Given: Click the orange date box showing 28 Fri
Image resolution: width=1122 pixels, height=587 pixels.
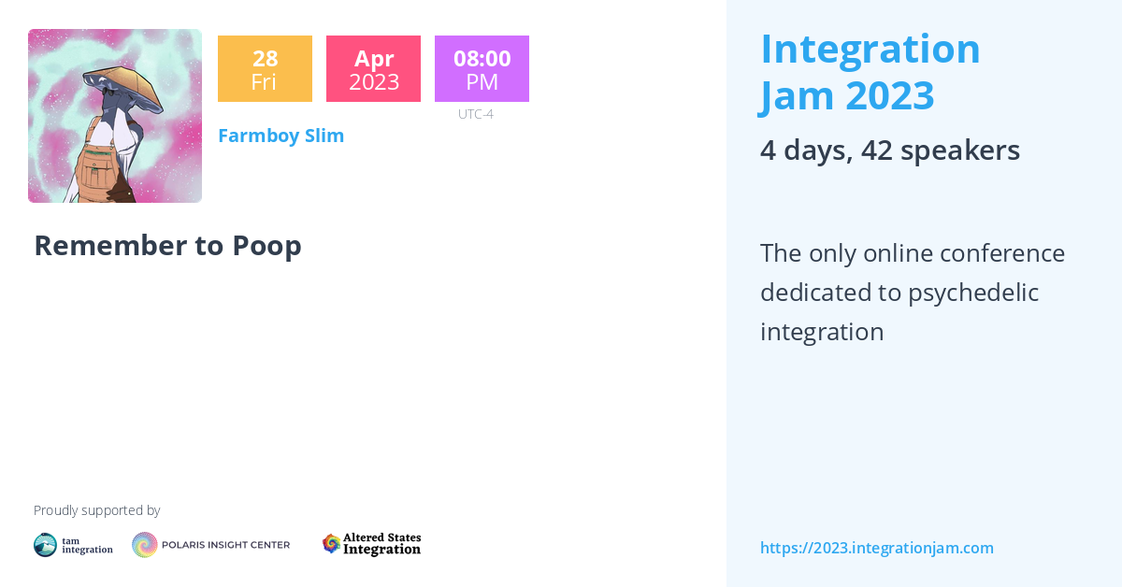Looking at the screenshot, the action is [265, 68].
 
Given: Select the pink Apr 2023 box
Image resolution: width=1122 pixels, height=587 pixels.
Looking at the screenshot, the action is [374, 68].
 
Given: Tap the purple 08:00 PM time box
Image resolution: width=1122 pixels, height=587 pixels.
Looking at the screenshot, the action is [482, 68].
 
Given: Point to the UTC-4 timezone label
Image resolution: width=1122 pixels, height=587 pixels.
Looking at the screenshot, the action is [476, 114].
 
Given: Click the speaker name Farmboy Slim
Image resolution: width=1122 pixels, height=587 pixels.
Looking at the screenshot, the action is [281, 136].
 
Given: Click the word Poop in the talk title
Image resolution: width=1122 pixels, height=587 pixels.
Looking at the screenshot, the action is [267, 247].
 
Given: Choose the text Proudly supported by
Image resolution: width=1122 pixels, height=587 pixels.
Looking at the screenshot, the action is [96, 510].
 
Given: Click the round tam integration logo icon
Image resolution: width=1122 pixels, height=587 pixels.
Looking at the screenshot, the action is [45, 545].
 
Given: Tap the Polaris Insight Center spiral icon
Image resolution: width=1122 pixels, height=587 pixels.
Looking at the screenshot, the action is [145, 545].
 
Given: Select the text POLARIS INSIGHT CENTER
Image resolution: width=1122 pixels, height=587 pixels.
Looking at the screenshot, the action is [226, 545].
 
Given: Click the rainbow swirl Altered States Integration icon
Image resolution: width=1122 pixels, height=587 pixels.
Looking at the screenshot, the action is [331, 544].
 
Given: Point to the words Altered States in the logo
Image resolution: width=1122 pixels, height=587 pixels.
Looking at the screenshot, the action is [382, 537].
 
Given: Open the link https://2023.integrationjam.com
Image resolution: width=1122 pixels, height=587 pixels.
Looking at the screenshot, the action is [877, 548].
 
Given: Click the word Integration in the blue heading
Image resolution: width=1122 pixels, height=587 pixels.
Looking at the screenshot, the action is [870, 50].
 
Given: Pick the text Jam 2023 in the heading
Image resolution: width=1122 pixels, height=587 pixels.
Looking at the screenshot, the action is [846, 96].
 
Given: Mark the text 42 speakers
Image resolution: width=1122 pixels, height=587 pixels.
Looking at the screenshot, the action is [941, 150].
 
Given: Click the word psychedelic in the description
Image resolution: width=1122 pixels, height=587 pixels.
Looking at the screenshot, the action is [973, 293].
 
